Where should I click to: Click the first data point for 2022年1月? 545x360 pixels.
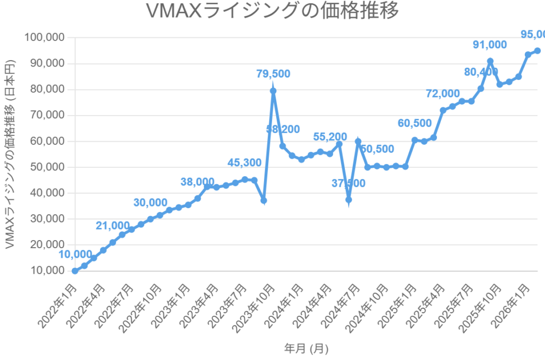click(x=75, y=271)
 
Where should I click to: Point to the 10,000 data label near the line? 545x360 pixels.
click(x=75, y=255)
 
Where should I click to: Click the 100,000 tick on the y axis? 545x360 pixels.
click(x=45, y=38)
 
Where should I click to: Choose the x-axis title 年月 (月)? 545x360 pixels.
click(x=306, y=349)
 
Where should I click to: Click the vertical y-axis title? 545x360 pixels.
click(x=10, y=154)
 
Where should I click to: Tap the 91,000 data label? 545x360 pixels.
click(x=490, y=45)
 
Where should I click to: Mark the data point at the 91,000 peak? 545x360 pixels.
click(x=490, y=61)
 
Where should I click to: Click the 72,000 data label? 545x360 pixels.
click(x=443, y=94)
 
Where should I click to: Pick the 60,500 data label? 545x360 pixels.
click(x=415, y=124)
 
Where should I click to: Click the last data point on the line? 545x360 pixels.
click(x=538, y=51)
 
